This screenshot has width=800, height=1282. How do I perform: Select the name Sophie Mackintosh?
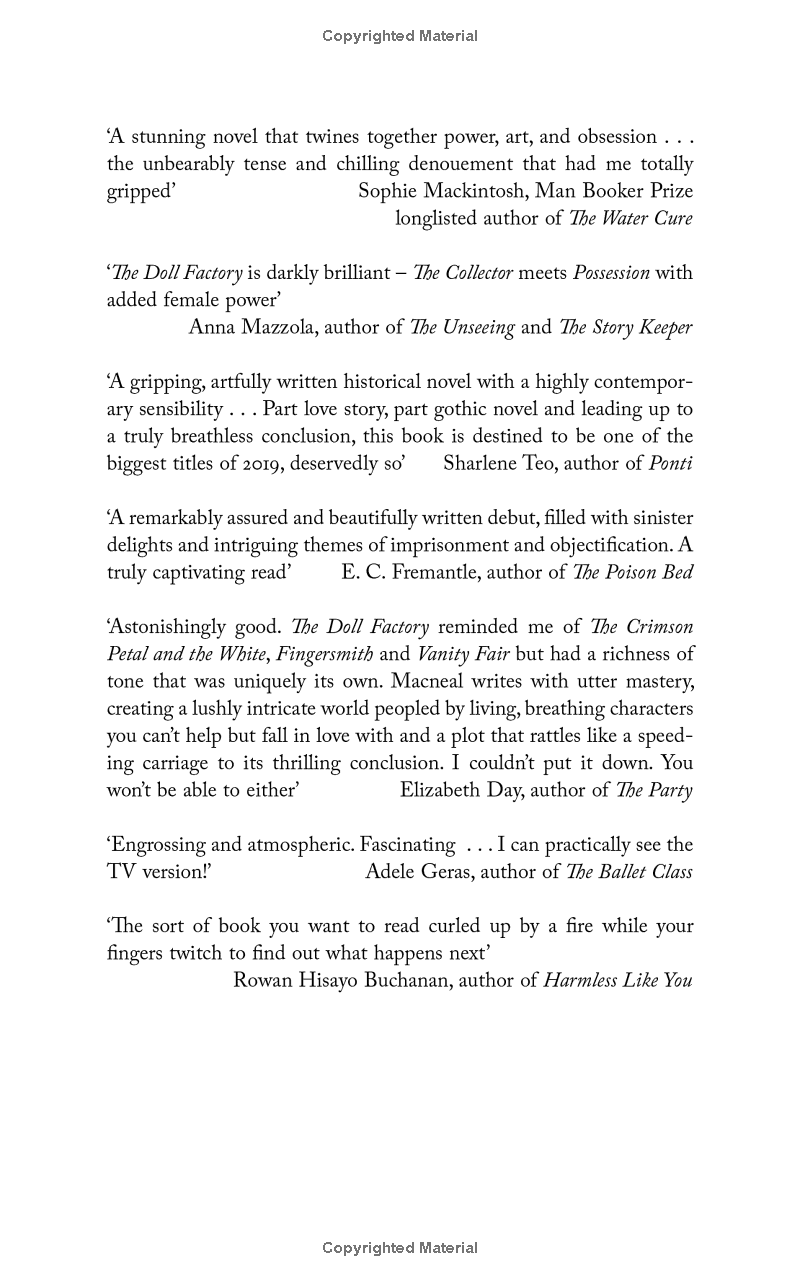pyautogui.click(x=441, y=191)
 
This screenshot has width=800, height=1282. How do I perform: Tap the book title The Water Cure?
pyautogui.click(x=630, y=218)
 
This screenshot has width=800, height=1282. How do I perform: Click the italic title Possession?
pyautogui.click(x=611, y=273)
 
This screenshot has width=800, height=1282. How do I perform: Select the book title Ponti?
pyautogui.click(x=671, y=463)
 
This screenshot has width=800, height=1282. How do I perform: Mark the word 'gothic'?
pyautogui.click(x=477, y=409)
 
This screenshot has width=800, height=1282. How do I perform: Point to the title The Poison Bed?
pyautogui.click(x=633, y=572)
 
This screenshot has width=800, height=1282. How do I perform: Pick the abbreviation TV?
pyautogui.click(x=122, y=872)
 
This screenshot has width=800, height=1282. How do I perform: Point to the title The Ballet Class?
pyautogui.click(x=629, y=872)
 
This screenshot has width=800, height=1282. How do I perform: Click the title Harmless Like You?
pyautogui.click(x=618, y=981)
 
